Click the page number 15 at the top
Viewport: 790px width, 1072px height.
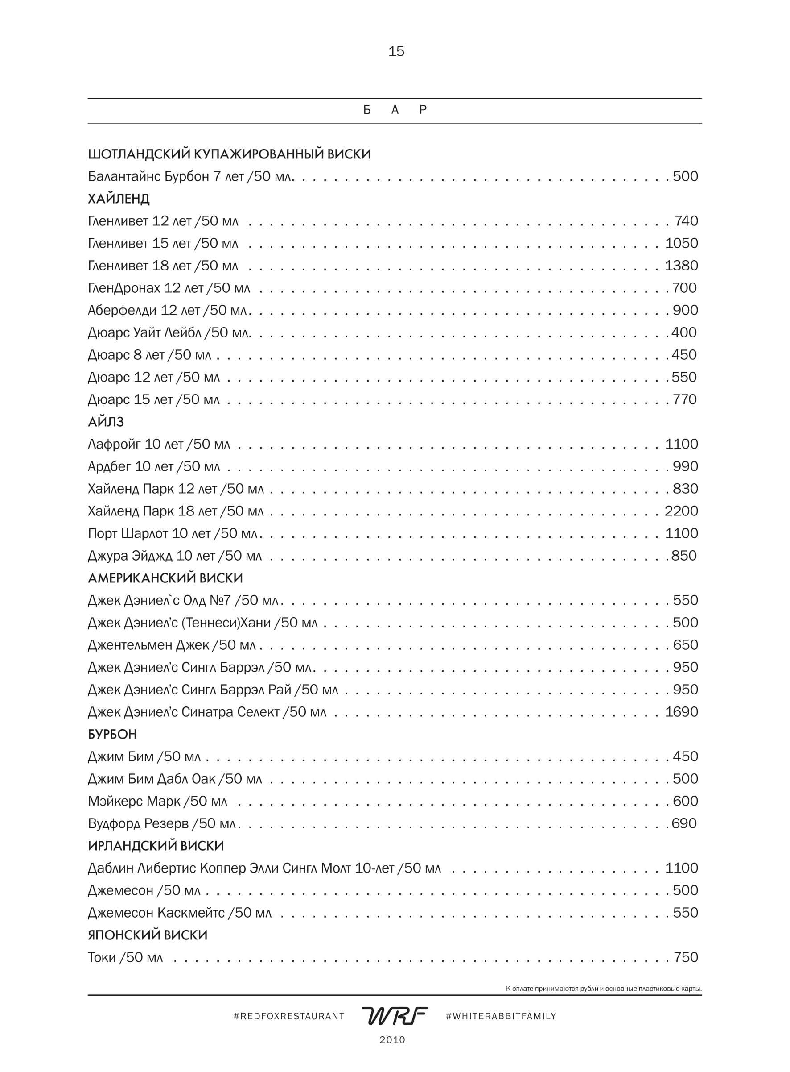click(396, 51)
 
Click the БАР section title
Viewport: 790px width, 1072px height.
click(395, 110)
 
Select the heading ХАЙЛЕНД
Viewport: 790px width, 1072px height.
click(119, 199)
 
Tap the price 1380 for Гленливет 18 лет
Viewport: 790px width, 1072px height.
click(681, 266)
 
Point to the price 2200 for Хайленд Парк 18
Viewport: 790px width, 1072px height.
click(681, 511)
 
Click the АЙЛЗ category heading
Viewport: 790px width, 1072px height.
click(106, 422)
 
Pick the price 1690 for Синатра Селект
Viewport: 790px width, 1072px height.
click(682, 712)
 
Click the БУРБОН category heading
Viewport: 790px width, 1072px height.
click(112, 734)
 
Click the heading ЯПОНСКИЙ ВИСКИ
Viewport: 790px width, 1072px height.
click(147, 935)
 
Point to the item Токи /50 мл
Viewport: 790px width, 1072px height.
click(125, 957)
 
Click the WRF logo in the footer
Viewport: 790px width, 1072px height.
click(395, 1016)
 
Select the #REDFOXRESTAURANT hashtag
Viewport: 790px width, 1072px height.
click(289, 1017)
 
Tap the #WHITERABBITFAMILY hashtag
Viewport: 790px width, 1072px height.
click(501, 1017)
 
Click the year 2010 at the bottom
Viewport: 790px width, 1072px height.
click(392, 1040)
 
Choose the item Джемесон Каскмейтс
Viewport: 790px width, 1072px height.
click(179, 913)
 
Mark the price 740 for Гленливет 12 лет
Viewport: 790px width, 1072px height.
click(686, 221)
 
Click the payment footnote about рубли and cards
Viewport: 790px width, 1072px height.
click(604, 989)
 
